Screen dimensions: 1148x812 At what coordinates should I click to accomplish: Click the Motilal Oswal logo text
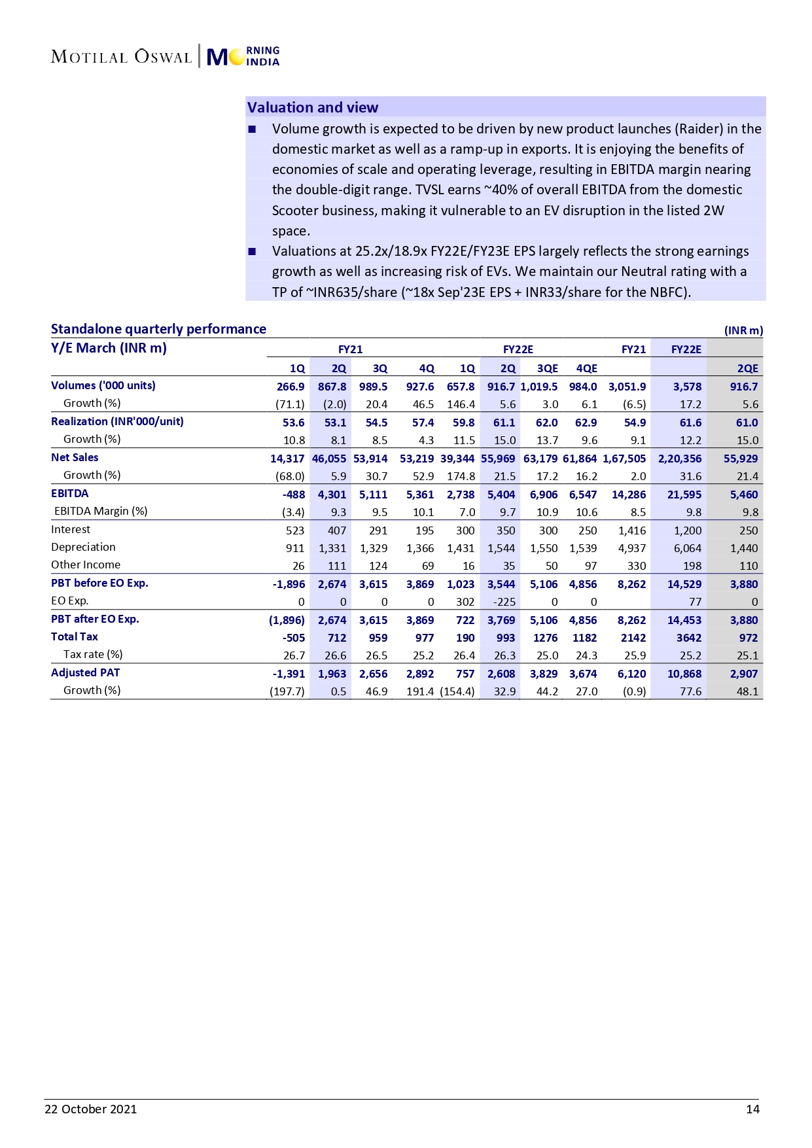click(121, 57)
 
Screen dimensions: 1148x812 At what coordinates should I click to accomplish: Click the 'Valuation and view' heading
click(312, 107)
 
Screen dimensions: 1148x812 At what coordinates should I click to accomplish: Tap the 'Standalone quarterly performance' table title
click(158, 329)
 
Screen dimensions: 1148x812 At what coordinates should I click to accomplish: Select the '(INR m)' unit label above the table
click(743, 330)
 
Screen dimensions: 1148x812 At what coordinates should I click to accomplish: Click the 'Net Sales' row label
click(75, 457)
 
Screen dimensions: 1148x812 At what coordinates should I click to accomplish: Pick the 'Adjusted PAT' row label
click(85, 672)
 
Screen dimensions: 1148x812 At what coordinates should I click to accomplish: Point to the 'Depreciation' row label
click(83, 547)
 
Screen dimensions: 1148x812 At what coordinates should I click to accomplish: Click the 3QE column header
click(547, 368)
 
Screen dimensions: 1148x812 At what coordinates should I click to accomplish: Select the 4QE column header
click(586, 368)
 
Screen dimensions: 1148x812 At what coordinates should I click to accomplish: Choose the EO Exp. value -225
click(504, 602)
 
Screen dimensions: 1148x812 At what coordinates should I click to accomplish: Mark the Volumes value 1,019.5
click(539, 387)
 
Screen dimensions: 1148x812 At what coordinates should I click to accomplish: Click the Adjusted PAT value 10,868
click(684, 674)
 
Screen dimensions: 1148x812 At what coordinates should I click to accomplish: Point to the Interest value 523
click(295, 531)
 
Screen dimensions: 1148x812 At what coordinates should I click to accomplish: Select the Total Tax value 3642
click(688, 638)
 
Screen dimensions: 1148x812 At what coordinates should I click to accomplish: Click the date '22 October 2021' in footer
click(90, 1109)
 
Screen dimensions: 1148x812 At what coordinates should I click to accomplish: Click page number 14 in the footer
click(752, 1109)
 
